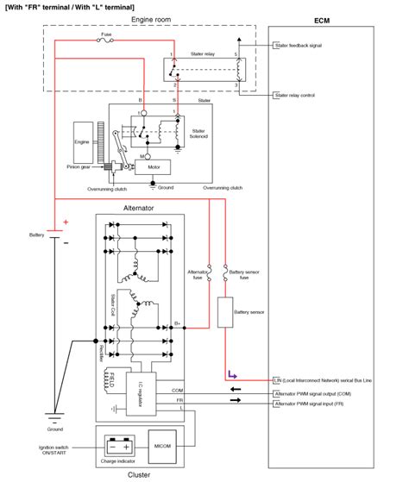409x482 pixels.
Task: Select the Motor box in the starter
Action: click(154, 167)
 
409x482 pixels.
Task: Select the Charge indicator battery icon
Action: click(116, 446)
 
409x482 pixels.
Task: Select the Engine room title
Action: click(148, 18)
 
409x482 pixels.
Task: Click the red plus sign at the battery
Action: click(65, 222)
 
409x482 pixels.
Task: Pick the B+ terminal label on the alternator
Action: click(177, 324)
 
